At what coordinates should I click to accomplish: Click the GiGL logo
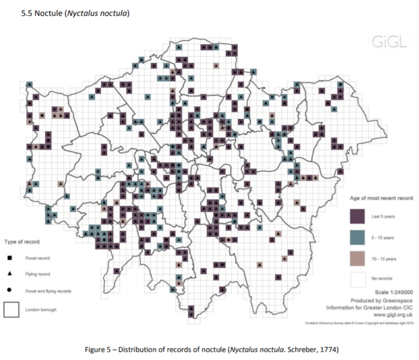point(388,42)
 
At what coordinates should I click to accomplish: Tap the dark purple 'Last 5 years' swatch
point(357,217)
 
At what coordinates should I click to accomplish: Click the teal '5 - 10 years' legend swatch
point(357,237)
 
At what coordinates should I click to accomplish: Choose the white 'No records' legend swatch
point(357,278)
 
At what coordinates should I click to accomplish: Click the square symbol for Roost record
point(11,257)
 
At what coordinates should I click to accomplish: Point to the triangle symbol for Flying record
point(11,274)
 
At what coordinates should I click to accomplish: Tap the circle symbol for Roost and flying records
point(11,291)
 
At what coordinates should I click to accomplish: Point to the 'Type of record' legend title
point(21,241)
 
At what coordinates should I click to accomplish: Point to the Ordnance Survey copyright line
point(357,323)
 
